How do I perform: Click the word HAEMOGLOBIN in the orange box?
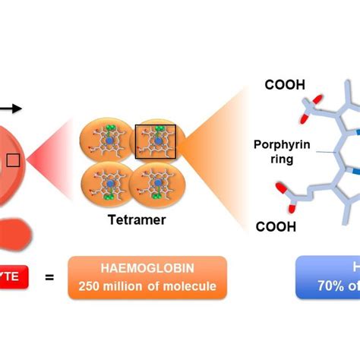coord(147,270)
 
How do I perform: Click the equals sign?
coord(50,278)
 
